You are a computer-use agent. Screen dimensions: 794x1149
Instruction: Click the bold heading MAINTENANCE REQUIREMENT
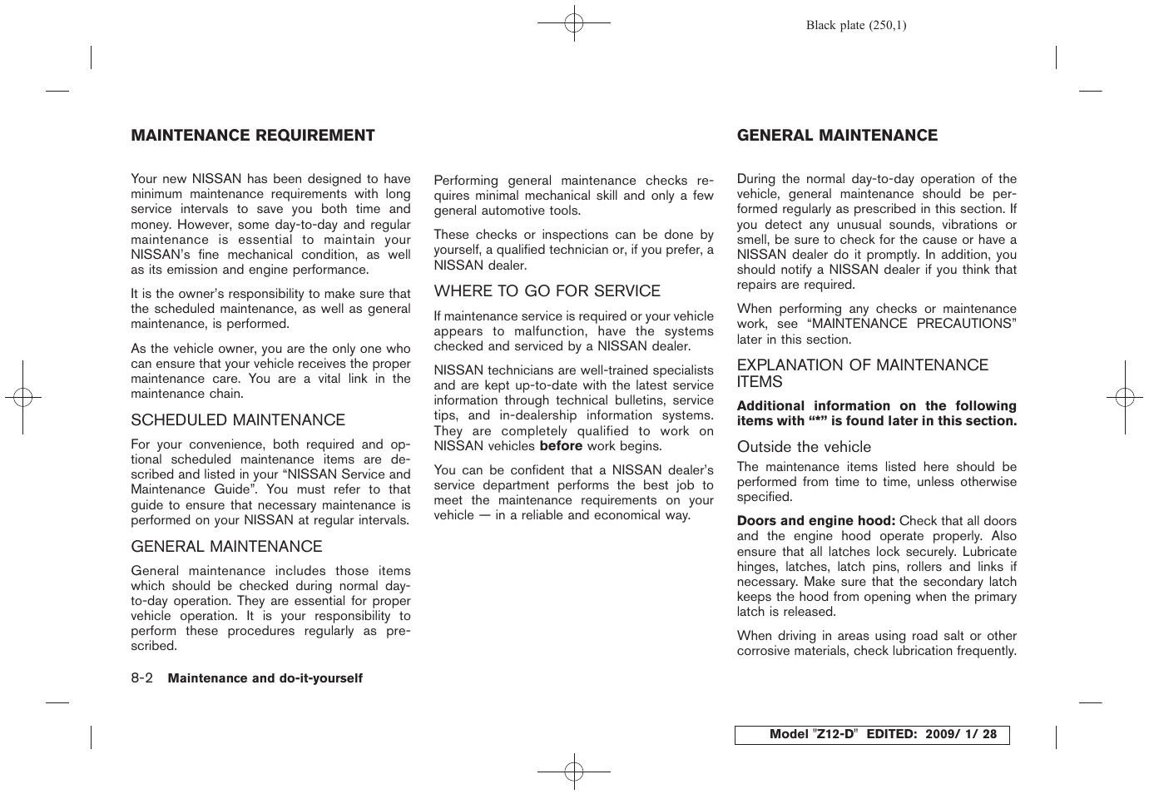pos(252,136)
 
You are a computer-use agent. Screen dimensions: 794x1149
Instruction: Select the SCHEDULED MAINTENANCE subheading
pos(237,420)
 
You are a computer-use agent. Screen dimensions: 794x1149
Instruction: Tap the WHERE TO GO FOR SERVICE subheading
pos(547,291)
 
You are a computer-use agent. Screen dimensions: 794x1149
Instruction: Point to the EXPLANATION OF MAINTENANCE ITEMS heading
pos(862,374)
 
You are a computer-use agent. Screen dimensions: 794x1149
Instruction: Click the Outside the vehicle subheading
pos(804,447)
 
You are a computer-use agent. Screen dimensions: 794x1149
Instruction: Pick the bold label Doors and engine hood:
pos(815,521)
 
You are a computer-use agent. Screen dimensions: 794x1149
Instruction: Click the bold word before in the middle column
pos(561,446)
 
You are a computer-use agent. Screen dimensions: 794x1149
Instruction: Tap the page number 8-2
pos(141,678)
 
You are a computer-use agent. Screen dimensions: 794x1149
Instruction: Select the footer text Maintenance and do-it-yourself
pos(265,678)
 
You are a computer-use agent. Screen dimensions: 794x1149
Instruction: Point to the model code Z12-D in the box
pos(835,735)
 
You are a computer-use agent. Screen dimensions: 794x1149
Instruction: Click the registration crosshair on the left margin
pos(23,398)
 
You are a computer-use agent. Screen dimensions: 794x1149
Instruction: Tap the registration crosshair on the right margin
pos(1125,398)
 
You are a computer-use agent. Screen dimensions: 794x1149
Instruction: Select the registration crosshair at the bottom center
pos(574,772)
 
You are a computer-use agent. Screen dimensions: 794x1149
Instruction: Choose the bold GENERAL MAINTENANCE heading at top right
pos(836,136)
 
